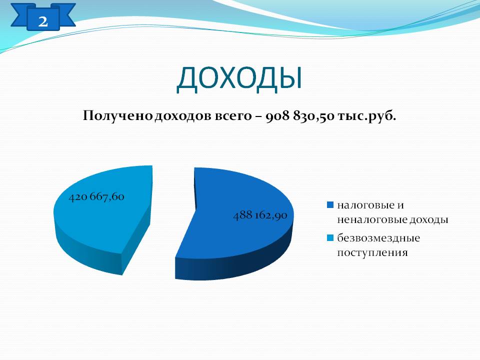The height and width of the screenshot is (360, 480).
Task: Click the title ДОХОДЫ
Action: coord(239,78)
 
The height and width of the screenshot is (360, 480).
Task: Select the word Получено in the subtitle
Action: coord(118,116)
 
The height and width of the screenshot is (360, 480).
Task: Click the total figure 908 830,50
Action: coord(299,116)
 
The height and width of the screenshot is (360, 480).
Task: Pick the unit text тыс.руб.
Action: coord(366,116)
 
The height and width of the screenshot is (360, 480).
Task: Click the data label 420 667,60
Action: coord(96,196)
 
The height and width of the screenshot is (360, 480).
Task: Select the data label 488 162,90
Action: coord(260,215)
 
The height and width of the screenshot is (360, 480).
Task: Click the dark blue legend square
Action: coord(330,205)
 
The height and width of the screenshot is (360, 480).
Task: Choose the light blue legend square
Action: coord(330,238)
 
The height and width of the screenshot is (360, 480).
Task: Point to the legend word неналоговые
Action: coord(372,220)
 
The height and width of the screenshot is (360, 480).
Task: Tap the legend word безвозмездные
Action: coord(378,238)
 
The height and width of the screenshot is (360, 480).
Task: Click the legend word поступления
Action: coord(372,253)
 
